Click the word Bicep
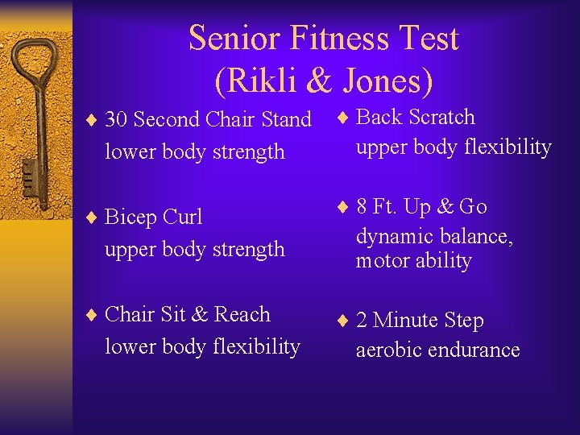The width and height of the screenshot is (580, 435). click(131, 217)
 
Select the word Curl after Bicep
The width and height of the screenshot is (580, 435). click(183, 217)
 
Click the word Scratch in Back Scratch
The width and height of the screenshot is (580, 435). click(441, 117)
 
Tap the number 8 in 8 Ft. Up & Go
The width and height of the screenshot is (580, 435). click(362, 207)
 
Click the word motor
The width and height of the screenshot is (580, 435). click(382, 261)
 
